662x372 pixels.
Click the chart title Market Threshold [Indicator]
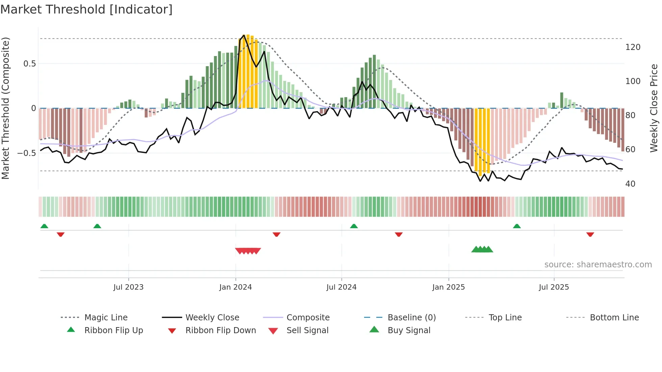point(86,9)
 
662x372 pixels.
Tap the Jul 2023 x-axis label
point(128,287)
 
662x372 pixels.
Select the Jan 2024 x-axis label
point(235,287)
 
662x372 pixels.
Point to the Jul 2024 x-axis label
point(341,287)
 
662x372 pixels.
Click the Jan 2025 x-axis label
point(449,287)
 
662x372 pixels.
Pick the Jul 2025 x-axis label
point(554,287)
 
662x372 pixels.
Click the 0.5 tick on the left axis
point(29,64)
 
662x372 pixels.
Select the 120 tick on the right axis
point(633,47)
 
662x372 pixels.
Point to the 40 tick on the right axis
point(630,184)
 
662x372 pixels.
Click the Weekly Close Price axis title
point(654,108)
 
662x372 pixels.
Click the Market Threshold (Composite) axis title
point(5,108)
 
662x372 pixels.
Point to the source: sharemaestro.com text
point(598,265)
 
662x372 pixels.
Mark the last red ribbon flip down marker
point(590,234)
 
